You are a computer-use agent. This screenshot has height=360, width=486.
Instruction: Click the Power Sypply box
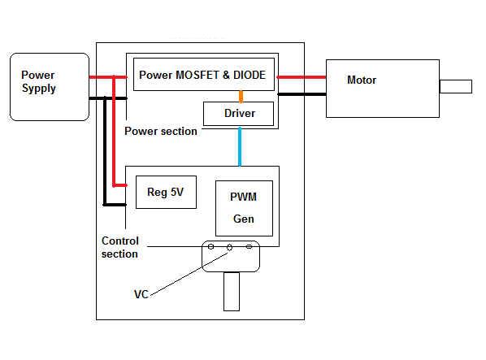point(50,87)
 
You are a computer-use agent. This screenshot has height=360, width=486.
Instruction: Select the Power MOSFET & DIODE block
point(204,74)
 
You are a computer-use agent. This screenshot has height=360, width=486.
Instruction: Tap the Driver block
point(238,114)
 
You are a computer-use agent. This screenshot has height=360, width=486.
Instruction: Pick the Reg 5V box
point(166,192)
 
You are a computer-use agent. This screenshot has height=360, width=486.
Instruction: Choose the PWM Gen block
point(245,208)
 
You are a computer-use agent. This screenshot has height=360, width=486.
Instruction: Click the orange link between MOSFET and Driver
point(241,97)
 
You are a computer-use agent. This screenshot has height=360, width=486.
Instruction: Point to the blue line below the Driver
point(240,146)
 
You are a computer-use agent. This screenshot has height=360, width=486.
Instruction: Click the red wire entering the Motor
point(302,77)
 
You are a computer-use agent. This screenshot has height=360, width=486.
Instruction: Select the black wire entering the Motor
point(302,94)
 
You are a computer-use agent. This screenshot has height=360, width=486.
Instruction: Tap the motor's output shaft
point(456,86)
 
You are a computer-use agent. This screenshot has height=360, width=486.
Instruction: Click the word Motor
point(362,80)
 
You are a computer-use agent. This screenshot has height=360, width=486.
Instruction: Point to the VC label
point(141,294)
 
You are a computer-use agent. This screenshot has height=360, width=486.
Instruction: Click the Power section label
point(161,131)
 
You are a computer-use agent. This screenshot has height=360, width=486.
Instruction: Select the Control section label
point(120,247)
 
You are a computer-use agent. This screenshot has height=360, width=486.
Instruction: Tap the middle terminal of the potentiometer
point(230,247)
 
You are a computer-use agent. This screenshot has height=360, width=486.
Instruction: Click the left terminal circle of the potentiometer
point(210,246)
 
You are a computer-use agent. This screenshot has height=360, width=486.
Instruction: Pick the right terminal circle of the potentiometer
point(249,246)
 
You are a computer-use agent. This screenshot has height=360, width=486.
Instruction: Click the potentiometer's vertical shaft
point(232,292)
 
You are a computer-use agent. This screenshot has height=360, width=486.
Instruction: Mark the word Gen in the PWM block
point(244,219)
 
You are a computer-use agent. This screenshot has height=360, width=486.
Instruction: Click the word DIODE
point(250,75)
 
